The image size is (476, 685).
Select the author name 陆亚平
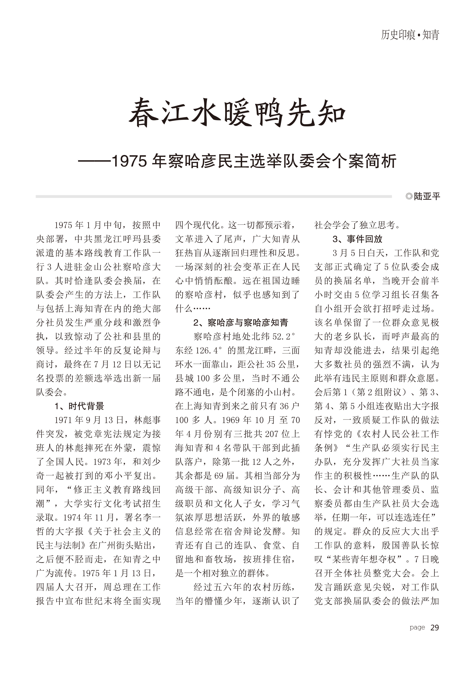click(427, 196)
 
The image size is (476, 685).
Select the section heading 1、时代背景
click(79, 406)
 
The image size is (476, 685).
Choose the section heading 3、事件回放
click(357, 239)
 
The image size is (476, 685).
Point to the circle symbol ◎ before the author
click(409, 196)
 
